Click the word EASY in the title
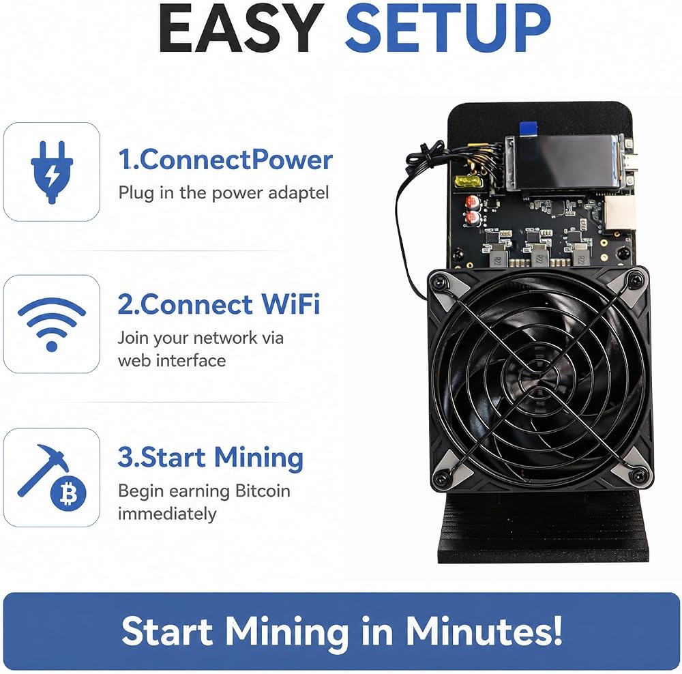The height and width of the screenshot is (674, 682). pyautogui.click(x=241, y=27)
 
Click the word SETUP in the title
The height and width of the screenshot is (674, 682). pyautogui.click(x=448, y=27)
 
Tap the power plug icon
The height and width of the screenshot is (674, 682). pyautogui.click(x=52, y=171)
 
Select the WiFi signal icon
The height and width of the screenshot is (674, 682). pyautogui.click(x=52, y=325)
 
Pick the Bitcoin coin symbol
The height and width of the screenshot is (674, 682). pyautogui.click(x=68, y=494)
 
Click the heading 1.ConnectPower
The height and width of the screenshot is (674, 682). pyautogui.click(x=225, y=160)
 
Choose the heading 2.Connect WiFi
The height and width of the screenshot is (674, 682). pyautogui.click(x=219, y=304)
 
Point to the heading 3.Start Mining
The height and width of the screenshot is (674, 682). pyautogui.click(x=211, y=458)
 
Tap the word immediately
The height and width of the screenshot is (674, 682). pyautogui.click(x=167, y=514)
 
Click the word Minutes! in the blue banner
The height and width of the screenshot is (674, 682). pyautogui.click(x=484, y=631)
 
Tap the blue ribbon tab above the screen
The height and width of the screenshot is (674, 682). pyautogui.click(x=528, y=128)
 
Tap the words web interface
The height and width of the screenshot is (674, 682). pyautogui.click(x=172, y=360)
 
